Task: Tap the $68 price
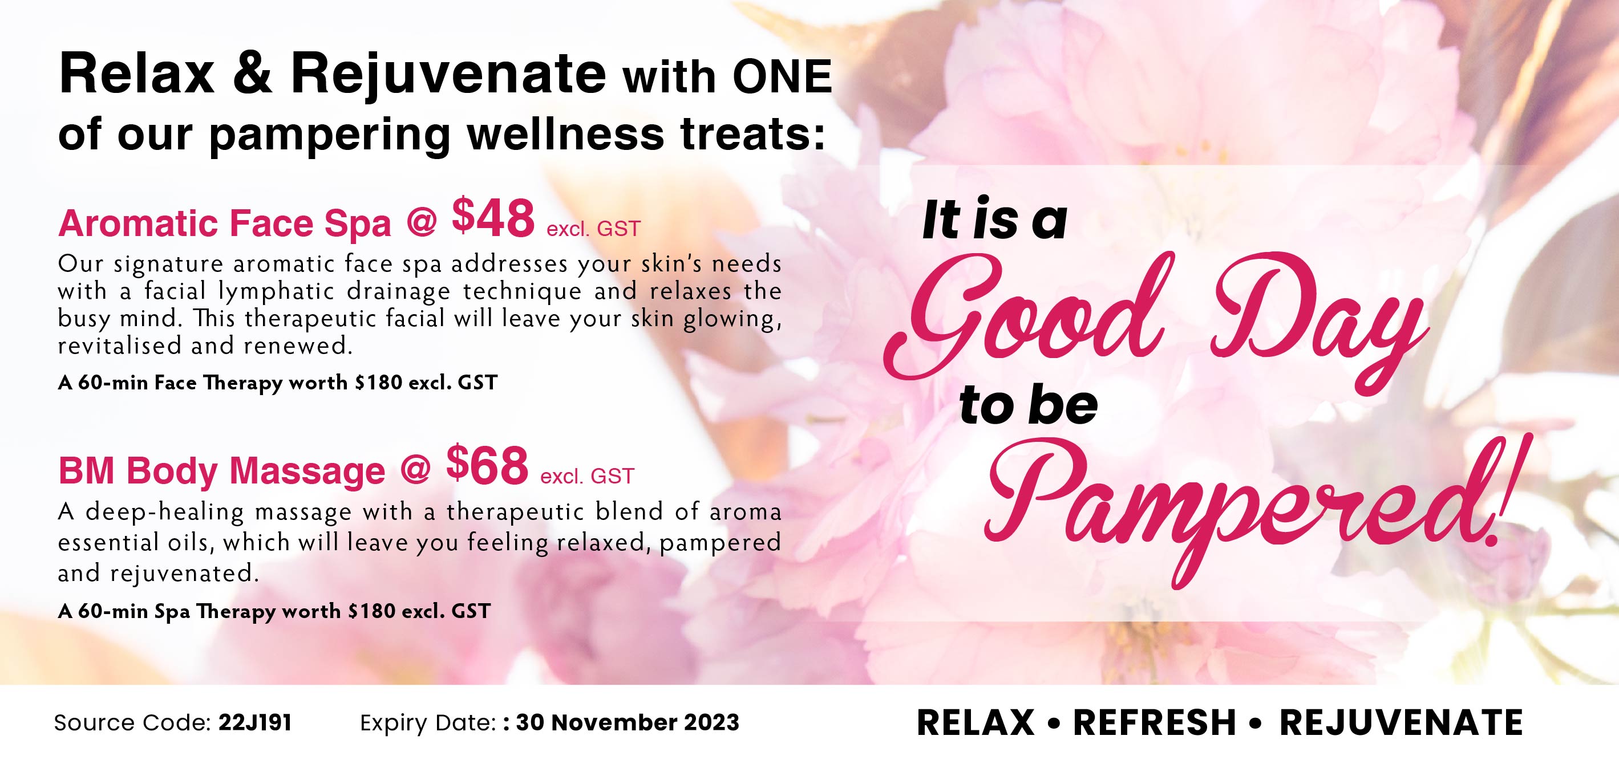click(x=487, y=465)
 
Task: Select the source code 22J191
click(x=255, y=722)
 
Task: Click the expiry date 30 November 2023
click(x=628, y=722)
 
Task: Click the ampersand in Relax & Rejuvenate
click(x=252, y=74)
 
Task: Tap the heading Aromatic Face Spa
click(x=224, y=223)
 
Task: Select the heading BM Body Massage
click(x=222, y=471)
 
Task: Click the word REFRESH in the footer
click(x=1155, y=722)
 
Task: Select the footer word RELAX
click(x=976, y=722)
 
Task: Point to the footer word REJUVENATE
click(x=1401, y=722)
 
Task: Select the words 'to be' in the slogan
click(x=1029, y=405)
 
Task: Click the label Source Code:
click(x=132, y=722)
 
